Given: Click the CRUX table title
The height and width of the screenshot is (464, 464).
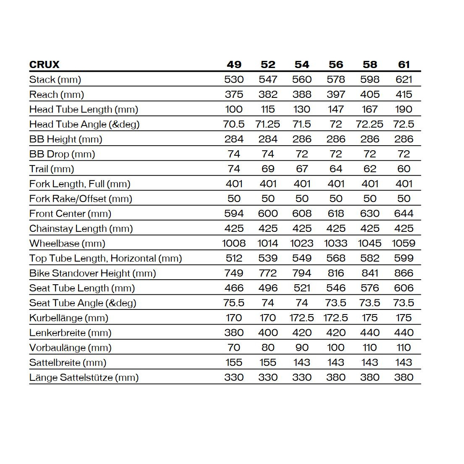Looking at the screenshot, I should point(45,65).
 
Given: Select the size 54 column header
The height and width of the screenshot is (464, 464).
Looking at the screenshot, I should point(302,65).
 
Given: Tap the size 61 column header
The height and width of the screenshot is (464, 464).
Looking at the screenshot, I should point(404,65).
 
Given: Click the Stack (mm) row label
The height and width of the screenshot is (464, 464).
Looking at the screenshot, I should point(55,79).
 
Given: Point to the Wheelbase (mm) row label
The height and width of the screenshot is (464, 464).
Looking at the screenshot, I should point(67,244).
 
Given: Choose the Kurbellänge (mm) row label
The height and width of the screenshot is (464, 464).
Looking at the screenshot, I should point(69,318).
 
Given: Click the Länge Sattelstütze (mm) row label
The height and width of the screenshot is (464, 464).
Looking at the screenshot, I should point(84,377).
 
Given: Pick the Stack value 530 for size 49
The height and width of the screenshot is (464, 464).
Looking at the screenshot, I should point(234,79).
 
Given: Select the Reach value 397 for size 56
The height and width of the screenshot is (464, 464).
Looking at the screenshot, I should point(336,94).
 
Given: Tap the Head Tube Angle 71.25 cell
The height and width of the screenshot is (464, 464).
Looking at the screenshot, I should point(268,124).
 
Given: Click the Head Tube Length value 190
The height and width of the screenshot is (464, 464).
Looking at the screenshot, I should point(404,109).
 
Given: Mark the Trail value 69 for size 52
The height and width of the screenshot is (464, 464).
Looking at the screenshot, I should point(268,169).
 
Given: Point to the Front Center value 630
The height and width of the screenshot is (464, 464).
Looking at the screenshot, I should point(370,214).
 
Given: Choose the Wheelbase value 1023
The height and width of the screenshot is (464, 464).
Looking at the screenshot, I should point(302,244).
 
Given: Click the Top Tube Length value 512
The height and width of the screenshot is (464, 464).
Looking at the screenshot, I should point(234,258).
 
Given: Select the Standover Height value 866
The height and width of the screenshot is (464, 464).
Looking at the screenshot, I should point(404,273).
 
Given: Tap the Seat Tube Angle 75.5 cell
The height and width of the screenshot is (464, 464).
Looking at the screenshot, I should point(234,303).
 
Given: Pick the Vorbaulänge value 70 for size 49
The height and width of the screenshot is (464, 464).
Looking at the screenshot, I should point(234,348).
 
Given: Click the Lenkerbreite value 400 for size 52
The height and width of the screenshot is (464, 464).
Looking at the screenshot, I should point(268,333).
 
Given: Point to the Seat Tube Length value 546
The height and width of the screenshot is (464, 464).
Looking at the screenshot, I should point(336,288).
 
